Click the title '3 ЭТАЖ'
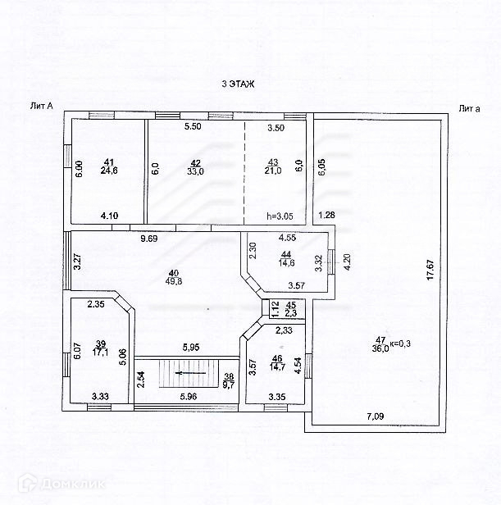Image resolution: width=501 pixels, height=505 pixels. pos(238,84)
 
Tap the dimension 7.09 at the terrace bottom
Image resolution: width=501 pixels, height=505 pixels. pos(376,416)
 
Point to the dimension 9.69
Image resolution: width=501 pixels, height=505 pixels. pos(148,239)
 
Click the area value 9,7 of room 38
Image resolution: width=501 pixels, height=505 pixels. pos(229,383)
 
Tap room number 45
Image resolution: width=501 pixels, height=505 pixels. pos(289,305)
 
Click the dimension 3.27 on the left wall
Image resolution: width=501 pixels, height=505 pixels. pos(76,262)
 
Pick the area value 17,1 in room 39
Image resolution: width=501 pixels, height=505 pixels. pos(102,353)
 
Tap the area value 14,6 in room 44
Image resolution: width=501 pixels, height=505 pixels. pos(286,263)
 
